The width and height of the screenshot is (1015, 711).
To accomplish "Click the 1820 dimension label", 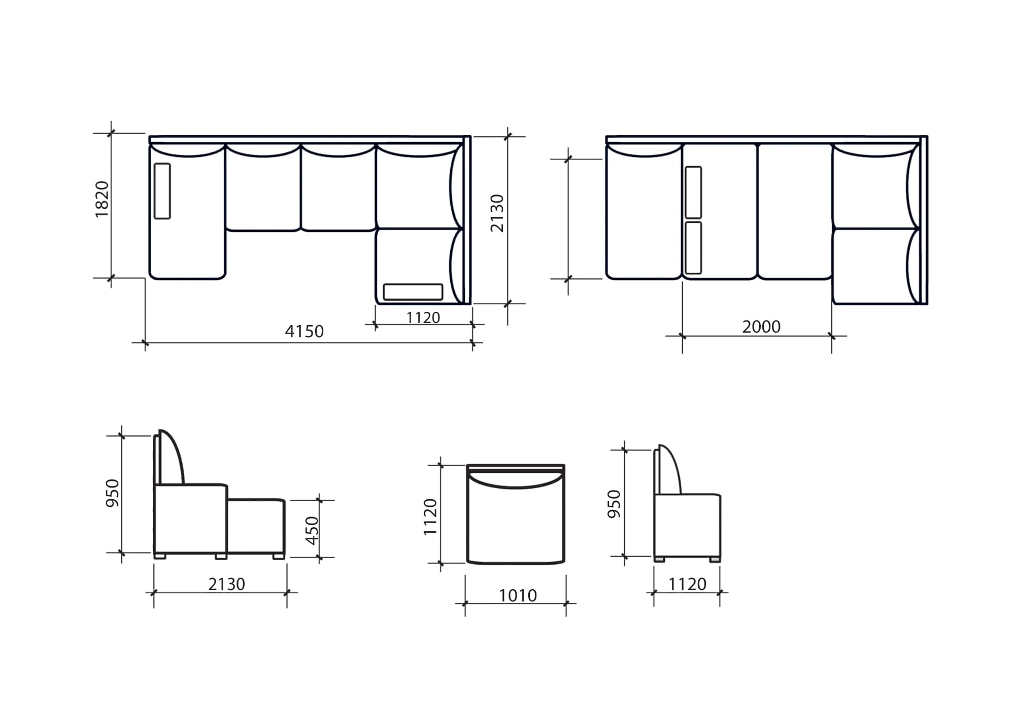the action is pos(102,199).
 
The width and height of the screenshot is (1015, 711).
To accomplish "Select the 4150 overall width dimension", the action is pos(304,332).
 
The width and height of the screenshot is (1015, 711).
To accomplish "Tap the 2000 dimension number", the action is pos(761,327).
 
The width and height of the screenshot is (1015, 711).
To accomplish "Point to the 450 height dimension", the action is pos(312,530).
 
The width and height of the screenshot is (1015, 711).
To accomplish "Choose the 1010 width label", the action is pos(518,595).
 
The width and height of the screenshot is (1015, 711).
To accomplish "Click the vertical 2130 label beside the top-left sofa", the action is pos(497,213).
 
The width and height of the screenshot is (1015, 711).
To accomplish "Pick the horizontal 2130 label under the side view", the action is pos(226,584).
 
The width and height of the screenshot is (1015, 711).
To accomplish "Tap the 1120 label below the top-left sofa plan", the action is pos(423,317).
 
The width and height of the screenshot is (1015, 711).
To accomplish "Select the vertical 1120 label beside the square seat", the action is pos(430,516).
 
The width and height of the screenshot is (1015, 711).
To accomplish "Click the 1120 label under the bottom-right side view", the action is pos(687,584).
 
